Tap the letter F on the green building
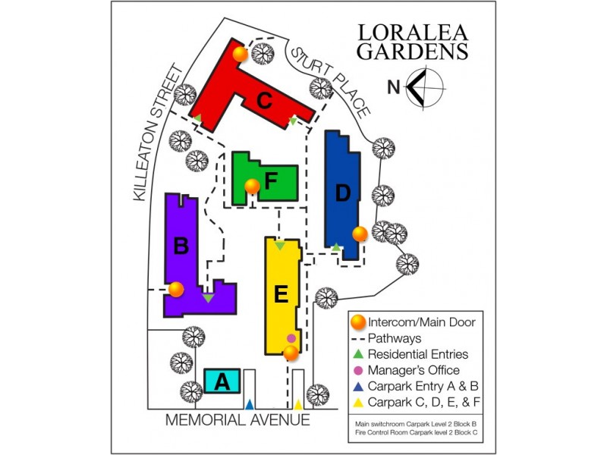[x=270, y=183]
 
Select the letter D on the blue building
[x=343, y=193]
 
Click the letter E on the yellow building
[x=281, y=294]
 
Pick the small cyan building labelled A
[x=222, y=381]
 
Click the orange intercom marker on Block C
[x=240, y=54]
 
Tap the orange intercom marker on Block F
[x=252, y=186]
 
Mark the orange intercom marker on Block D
[x=360, y=234]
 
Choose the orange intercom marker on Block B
[x=176, y=289]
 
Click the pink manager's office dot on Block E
[x=291, y=337]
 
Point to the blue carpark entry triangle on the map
[x=250, y=403]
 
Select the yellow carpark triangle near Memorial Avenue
[x=298, y=404]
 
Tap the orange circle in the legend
[x=358, y=322]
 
